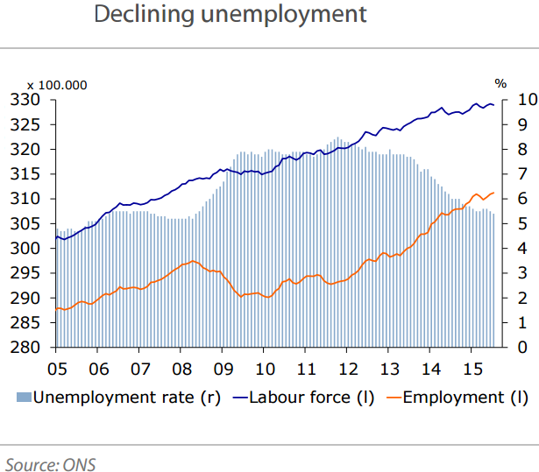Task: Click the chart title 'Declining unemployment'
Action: (x=229, y=15)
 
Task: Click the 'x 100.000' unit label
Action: (x=57, y=85)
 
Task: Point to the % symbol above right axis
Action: (x=500, y=84)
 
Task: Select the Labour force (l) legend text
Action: (x=312, y=397)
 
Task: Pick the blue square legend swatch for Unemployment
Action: (x=24, y=398)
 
